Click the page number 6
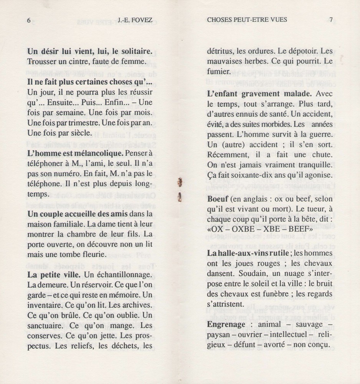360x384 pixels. point(29,21)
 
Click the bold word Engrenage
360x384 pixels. point(226,324)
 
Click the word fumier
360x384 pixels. point(218,71)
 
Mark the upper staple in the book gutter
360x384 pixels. point(178,183)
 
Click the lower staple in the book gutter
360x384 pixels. point(178,198)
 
